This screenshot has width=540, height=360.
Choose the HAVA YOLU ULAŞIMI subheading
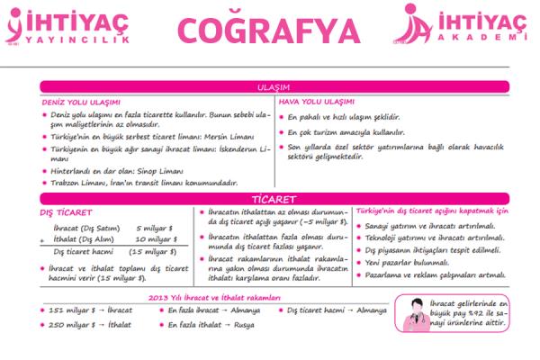pyautogui.click(x=317, y=102)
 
